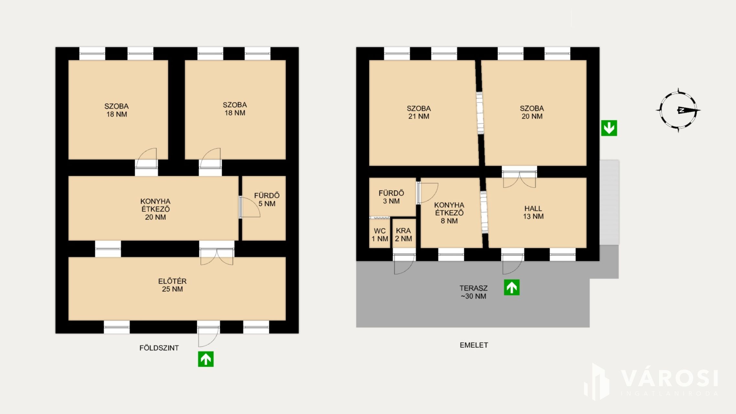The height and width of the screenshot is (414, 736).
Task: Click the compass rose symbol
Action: pyautogui.click(x=678, y=110)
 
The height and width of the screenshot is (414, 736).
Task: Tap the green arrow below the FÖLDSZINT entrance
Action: pyautogui.click(x=206, y=359)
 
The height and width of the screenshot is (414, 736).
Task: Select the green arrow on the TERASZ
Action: pyautogui.click(x=512, y=287)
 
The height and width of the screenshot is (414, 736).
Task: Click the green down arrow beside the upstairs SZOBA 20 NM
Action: pyautogui.click(x=609, y=128)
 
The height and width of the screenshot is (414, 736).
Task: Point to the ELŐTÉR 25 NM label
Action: pyautogui.click(x=172, y=285)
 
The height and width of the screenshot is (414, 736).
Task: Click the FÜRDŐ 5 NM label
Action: pyautogui.click(x=267, y=200)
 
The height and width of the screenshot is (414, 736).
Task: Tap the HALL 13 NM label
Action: pyautogui.click(x=533, y=212)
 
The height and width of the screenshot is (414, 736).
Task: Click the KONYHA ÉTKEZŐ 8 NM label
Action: pyautogui.click(x=449, y=213)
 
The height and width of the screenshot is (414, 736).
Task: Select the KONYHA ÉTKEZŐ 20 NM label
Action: pyautogui.click(x=156, y=209)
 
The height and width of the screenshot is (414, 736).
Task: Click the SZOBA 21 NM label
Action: pyautogui.click(x=419, y=112)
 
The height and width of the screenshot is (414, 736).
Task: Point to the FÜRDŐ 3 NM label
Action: pyautogui.click(x=391, y=197)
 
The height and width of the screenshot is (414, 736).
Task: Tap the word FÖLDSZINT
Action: pyautogui.click(x=159, y=348)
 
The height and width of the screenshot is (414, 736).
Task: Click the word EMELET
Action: pyautogui.click(x=474, y=345)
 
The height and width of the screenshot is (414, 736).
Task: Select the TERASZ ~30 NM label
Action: pyautogui.click(x=474, y=292)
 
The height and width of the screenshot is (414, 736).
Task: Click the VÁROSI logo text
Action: pyautogui.click(x=670, y=378)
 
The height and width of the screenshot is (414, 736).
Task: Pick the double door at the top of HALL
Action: pyautogui.click(x=519, y=177)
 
